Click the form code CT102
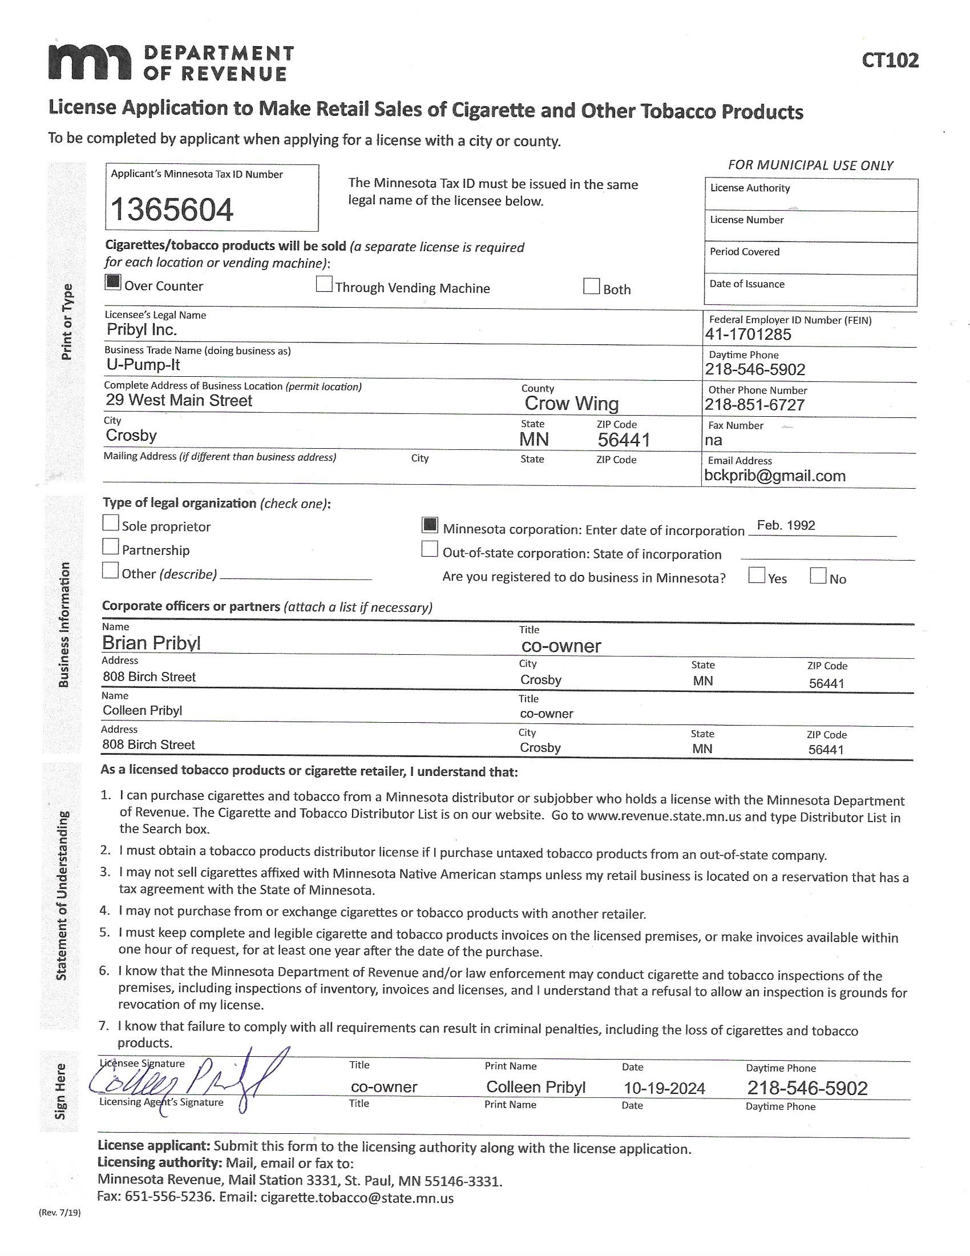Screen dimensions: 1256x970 (x=890, y=60)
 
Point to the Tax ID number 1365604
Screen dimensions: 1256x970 (x=172, y=210)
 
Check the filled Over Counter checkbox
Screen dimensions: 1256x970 (x=113, y=283)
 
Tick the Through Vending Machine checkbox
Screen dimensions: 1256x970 (x=324, y=285)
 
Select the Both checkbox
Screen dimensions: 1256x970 (x=591, y=287)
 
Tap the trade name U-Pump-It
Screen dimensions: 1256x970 (x=143, y=365)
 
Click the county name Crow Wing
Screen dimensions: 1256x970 (x=571, y=404)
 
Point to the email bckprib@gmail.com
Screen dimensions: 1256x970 (x=775, y=476)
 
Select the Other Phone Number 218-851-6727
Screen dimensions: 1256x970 (x=754, y=405)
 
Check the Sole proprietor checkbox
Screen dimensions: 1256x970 (x=110, y=524)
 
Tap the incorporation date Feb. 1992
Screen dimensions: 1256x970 (x=786, y=525)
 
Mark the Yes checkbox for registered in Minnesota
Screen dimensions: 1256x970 (x=756, y=575)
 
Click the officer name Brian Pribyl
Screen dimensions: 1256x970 (x=151, y=642)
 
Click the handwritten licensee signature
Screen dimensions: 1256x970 (x=184, y=1084)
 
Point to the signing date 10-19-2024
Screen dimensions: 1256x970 (x=664, y=1089)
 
